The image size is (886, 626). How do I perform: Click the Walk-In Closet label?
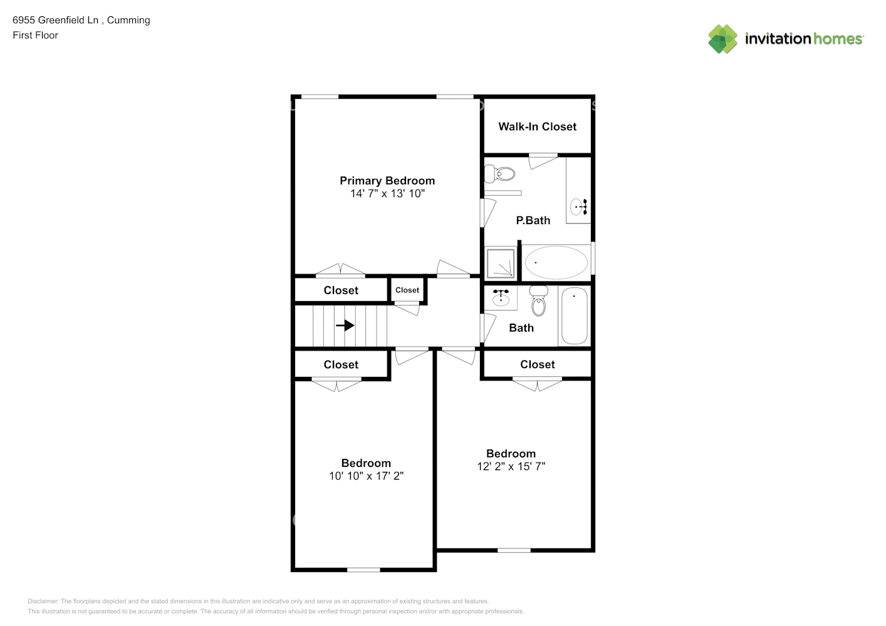click(x=537, y=126)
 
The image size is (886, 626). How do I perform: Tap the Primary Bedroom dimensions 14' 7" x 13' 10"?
click(x=387, y=193)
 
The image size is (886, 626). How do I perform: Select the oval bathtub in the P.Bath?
click(x=556, y=262)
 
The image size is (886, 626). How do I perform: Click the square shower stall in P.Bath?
click(x=501, y=263)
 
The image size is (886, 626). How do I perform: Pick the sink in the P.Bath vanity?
click(x=578, y=207)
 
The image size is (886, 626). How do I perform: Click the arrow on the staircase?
click(x=345, y=326)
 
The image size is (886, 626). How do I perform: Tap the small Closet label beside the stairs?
click(x=407, y=290)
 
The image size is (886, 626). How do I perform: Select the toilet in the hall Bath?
click(x=538, y=300)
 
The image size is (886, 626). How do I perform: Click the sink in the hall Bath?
click(x=501, y=297)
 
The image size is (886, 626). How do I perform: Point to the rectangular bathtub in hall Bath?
click(x=574, y=316)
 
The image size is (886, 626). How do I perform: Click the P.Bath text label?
click(x=533, y=220)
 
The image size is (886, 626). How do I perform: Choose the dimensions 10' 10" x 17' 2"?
click(x=367, y=476)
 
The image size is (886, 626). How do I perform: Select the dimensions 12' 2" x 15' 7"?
click(x=511, y=466)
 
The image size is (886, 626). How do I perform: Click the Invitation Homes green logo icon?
click(x=722, y=39)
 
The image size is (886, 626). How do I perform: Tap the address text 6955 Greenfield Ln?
click(x=55, y=20)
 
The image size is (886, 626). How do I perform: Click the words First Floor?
click(x=35, y=35)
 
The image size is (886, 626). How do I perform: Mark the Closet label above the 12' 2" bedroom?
click(x=537, y=364)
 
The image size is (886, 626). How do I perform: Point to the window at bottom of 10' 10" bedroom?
click(x=363, y=570)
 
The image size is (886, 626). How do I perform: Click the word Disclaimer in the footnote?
click(x=43, y=601)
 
